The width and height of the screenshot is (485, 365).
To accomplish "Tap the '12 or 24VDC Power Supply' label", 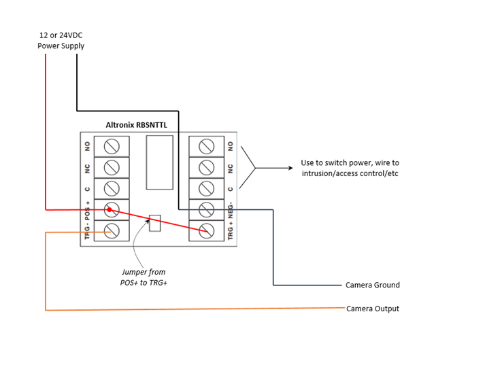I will (61, 41).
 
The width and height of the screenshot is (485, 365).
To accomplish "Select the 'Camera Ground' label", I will (372, 285).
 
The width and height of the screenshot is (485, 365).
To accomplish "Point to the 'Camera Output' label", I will (373, 309).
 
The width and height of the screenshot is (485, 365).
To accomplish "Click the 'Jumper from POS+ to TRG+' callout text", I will (143, 277).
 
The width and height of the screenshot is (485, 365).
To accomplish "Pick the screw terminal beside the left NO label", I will (112, 145).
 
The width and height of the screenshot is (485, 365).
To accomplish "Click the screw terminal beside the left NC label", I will (112, 167).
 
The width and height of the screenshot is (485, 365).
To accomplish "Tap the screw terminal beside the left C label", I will (112, 188).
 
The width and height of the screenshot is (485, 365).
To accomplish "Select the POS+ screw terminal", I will (112, 209).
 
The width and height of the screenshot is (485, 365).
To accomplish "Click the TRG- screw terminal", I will (112, 230).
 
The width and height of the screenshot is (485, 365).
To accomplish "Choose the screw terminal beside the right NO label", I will (206, 145).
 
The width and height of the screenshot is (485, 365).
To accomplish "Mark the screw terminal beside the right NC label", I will (206, 167).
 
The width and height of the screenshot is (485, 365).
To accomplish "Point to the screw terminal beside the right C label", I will (206, 188).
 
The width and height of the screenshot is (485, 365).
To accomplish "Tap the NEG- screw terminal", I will (206, 209).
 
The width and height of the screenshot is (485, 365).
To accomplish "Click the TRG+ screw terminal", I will (206, 230).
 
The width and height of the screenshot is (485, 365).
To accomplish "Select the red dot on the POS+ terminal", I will (109, 209).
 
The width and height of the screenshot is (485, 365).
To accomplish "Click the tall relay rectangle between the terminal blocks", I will (160, 162).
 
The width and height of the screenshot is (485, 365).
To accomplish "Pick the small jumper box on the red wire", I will (155, 223).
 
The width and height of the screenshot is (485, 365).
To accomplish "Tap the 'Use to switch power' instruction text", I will (350, 169).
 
